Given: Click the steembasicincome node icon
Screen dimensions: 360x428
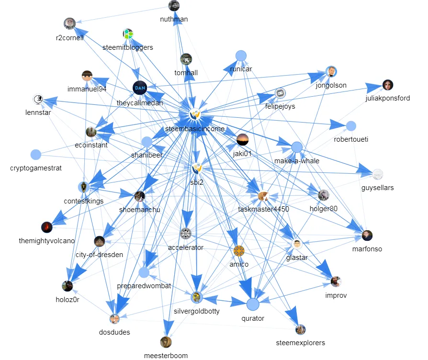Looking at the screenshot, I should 194,115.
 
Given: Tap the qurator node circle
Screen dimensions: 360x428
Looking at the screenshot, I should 253,304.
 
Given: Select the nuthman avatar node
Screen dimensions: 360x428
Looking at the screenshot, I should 174,6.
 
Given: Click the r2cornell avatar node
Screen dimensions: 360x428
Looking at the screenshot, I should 69,23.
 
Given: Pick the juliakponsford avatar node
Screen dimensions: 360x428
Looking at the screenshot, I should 388,85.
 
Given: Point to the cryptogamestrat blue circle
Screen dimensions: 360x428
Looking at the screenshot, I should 35,155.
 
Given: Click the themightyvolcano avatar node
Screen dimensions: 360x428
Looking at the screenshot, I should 46,227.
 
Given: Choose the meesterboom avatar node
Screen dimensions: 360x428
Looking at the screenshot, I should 166,342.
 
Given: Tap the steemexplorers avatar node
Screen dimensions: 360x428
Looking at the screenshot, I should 301,329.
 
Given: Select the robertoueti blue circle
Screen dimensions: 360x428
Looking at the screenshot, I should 351,126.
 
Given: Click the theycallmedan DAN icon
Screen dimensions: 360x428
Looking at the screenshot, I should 139,88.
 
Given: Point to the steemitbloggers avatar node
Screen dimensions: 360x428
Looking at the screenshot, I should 128,34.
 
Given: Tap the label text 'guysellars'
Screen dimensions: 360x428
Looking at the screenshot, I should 378,188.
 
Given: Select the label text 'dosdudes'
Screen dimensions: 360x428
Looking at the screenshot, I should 114,332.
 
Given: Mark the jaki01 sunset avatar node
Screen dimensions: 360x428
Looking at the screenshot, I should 243,140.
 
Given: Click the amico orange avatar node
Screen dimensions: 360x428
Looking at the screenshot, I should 239,250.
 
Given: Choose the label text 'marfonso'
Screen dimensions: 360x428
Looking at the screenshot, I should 367,249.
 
